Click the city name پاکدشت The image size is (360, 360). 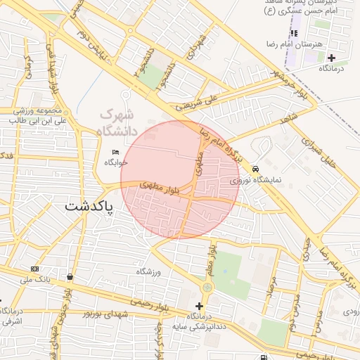pyautogui.click(x=89, y=206)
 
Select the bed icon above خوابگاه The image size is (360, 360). pyautogui.click(x=116, y=152)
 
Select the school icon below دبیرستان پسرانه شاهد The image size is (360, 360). pyautogui.click(x=295, y=33)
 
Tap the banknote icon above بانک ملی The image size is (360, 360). pyautogui.click(x=34, y=269)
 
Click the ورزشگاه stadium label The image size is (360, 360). pyautogui.click(x=149, y=271)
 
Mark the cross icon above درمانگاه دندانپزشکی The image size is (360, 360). pyautogui.click(x=200, y=306)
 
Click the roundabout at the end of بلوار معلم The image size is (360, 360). pyautogui.click(x=207, y=287)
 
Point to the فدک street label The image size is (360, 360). pyautogui.click(x=7, y=155)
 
